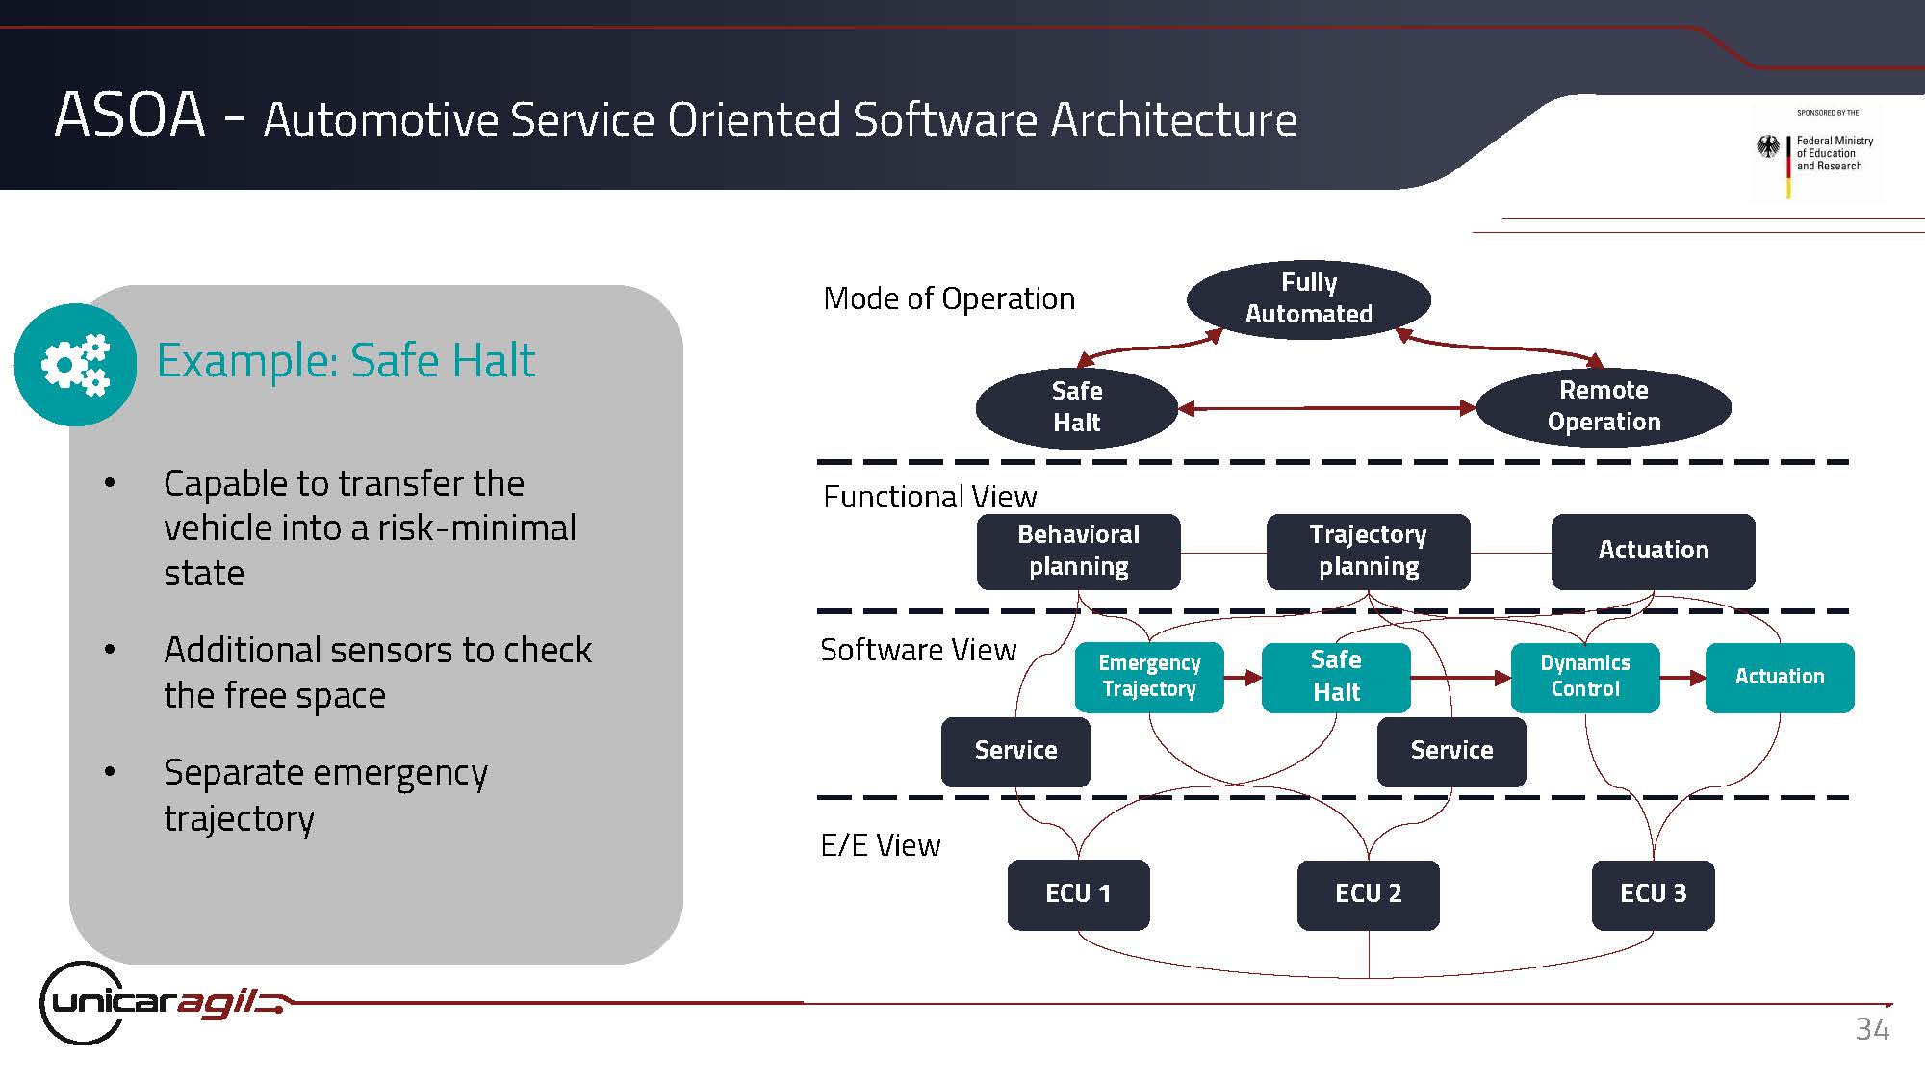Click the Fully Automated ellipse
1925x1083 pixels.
tap(1308, 298)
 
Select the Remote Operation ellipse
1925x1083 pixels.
tap(1604, 406)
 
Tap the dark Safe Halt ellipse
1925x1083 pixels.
tap(1076, 407)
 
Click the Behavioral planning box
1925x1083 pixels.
tap(1078, 551)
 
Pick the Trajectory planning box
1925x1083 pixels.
tap(1368, 551)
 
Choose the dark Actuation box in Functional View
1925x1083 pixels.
tap(1653, 551)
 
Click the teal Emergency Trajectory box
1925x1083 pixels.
tap(1149, 677)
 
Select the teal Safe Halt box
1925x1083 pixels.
tap(1336, 677)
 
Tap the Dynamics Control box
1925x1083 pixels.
tap(1585, 677)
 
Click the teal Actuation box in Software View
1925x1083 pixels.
tap(1780, 677)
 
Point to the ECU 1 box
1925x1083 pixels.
tap(1078, 894)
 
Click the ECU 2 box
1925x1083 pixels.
tap(1368, 894)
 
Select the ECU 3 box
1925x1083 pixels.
tap(1653, 894)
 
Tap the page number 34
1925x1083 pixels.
tap(1872, 1029)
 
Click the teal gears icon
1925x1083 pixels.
tap(75, 364)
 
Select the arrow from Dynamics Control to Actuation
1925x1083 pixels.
tap(1682, 678)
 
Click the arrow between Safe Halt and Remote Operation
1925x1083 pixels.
tap(1327, 408)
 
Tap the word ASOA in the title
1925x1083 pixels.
tap(130, 116)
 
